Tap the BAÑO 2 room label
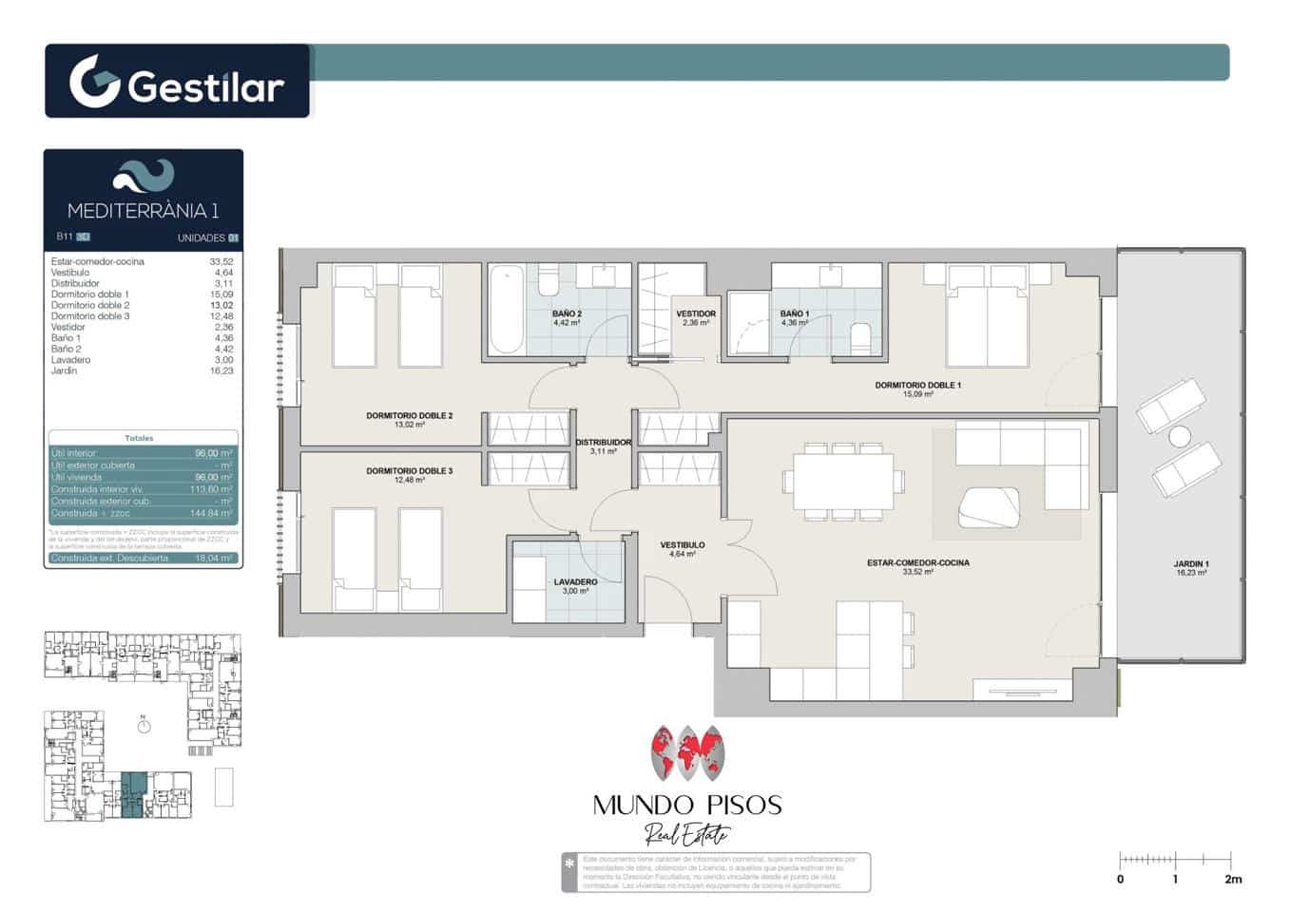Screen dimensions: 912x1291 [567, 313]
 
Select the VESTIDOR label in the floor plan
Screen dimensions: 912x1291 [696, 313]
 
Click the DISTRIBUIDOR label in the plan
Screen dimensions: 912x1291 [604, 443]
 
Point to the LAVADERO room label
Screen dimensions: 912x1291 [575, 582]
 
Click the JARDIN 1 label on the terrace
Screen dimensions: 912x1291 [1191, 564]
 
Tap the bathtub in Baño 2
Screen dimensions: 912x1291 [507, 310]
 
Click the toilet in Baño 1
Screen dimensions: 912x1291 [860, 337]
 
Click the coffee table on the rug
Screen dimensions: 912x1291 [989, 507]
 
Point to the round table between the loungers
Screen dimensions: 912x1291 [1180, 437]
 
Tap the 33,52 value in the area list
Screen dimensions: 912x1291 [221, 261]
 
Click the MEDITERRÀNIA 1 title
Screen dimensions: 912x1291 [143, 211]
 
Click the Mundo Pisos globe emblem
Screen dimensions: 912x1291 [687, 756]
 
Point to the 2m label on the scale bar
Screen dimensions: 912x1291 [1233, 880]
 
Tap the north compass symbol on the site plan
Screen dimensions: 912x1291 [144, 726]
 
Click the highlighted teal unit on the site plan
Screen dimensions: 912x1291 [132, 794]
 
